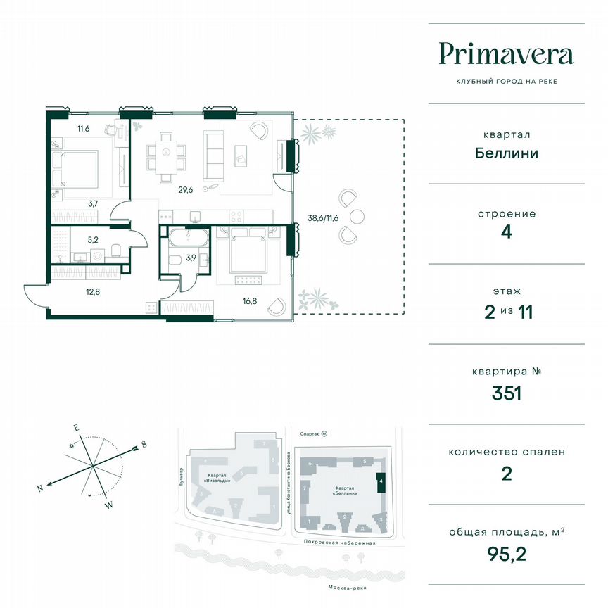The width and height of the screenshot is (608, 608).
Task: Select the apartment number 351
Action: click(506, 393)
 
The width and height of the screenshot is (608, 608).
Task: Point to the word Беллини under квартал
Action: click(506, 153)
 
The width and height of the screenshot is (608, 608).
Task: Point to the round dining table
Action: click(166, 153)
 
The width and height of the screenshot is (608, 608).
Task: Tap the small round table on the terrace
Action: click(357, 216)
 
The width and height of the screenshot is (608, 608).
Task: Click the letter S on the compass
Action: click(143, 444)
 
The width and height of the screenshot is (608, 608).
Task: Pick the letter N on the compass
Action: click(42, 488)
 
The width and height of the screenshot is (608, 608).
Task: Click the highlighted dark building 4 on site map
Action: click(381, 482)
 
